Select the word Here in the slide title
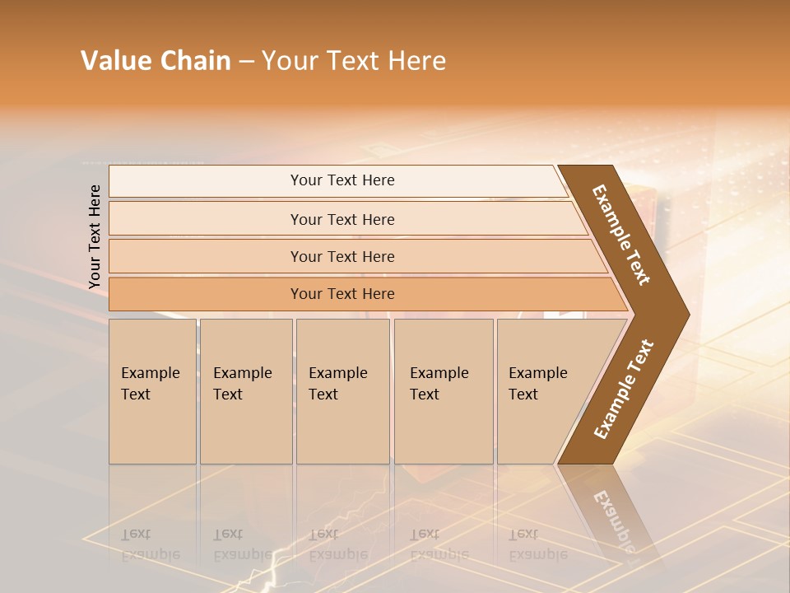tap(416, 61)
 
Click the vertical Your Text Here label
tap(95, 236)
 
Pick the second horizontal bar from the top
tap(342, 219)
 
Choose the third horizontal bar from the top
tap(342, 256)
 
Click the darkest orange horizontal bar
tap(342, 294)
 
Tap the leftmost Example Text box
tap(152, 390)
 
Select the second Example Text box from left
tap(245, 390)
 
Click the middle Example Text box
tap(342, 390)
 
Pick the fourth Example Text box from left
tap(443, 390)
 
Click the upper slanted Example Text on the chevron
tap(621, 235)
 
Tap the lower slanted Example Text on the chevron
tap(624, 389)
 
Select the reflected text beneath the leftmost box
tap(150, 544)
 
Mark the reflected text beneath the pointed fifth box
tap(537, 544)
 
